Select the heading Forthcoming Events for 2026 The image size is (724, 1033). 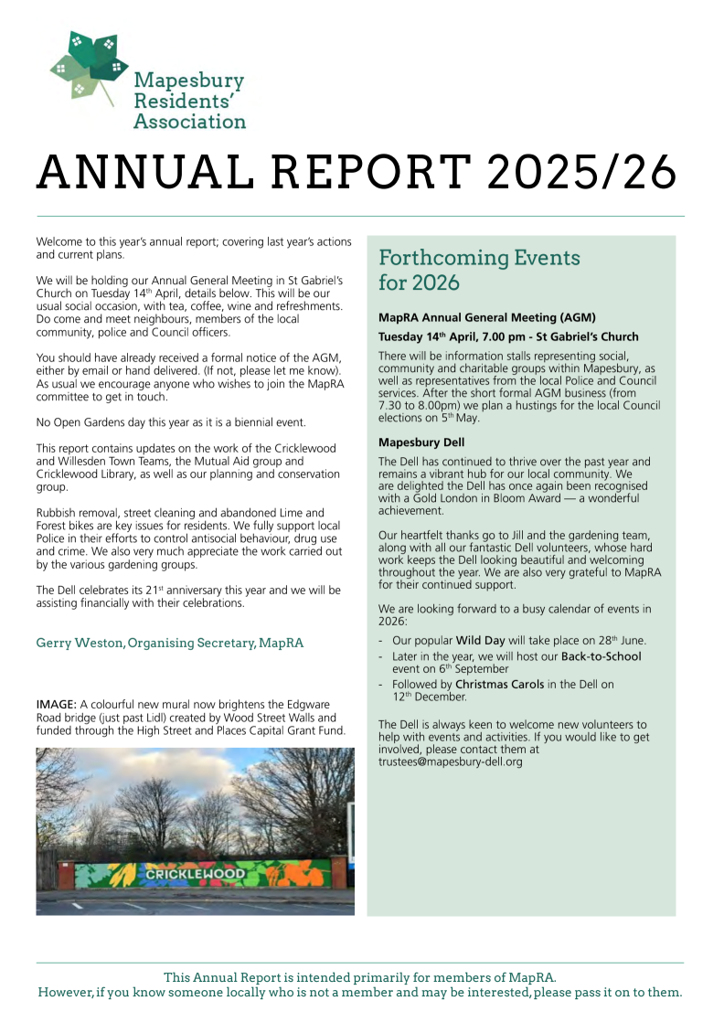pyautogui.click(x=479, y=270)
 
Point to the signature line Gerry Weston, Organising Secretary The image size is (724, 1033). pyautogui.click(x=169, y=643)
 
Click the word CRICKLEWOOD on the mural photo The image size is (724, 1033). pyautogui.click(x=197, y=874)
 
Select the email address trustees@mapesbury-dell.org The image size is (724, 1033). pyautogui.click(x=451, y=761)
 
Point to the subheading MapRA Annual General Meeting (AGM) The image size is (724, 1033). pyautogui.click(x=487, y=317)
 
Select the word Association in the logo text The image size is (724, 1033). pyautogui.click(x=190, y=121)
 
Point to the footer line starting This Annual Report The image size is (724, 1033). pyautogui.click(x=360, y=977)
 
